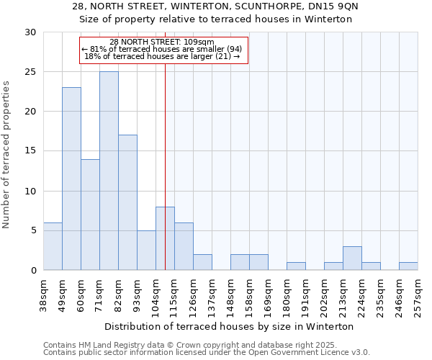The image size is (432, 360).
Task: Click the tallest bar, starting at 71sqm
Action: point(109,171)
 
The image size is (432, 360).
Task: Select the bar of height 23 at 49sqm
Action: point(71,179)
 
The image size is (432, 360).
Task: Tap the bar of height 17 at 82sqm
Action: point(127,202)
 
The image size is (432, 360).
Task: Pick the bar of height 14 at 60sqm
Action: point(90,215)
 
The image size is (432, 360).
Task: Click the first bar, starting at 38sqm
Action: point(53,246)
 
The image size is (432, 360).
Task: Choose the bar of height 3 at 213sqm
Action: point(352,258)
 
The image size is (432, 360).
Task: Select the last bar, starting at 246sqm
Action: point(408,266)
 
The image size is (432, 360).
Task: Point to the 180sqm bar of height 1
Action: point(296,266)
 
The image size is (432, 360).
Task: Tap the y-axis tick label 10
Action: point(30,192)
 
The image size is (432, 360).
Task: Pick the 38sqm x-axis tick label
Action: point(44,292)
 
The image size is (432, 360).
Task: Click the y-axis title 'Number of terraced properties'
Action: point(6,154)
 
